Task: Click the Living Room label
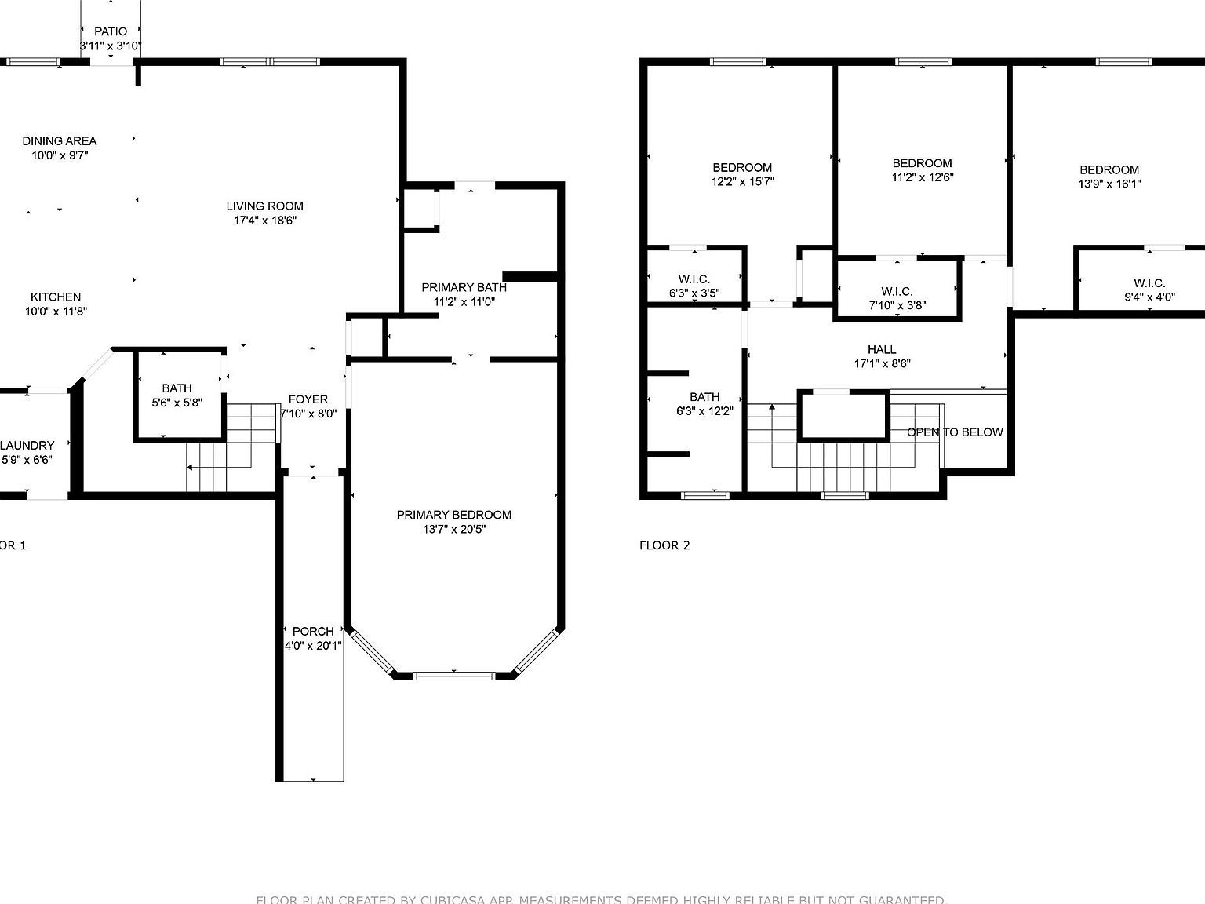(264, 206)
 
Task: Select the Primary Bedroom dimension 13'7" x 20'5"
(453, 530)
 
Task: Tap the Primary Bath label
(464, 287)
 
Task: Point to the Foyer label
(308, 399)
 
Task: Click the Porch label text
(313, 632)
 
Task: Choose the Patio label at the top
(111, 31)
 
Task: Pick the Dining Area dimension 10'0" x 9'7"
(60, 155)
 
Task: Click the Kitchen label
(56, 297)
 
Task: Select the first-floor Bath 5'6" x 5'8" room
(177, 395)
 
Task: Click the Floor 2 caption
(664, 545)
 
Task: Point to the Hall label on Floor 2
(882, 350)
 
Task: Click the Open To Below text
(955, 432)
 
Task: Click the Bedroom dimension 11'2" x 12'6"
(923, 177)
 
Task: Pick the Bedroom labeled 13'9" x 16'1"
(1109, 177)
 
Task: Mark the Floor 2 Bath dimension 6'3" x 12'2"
(704, 411)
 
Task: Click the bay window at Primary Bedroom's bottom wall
(453, 675)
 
